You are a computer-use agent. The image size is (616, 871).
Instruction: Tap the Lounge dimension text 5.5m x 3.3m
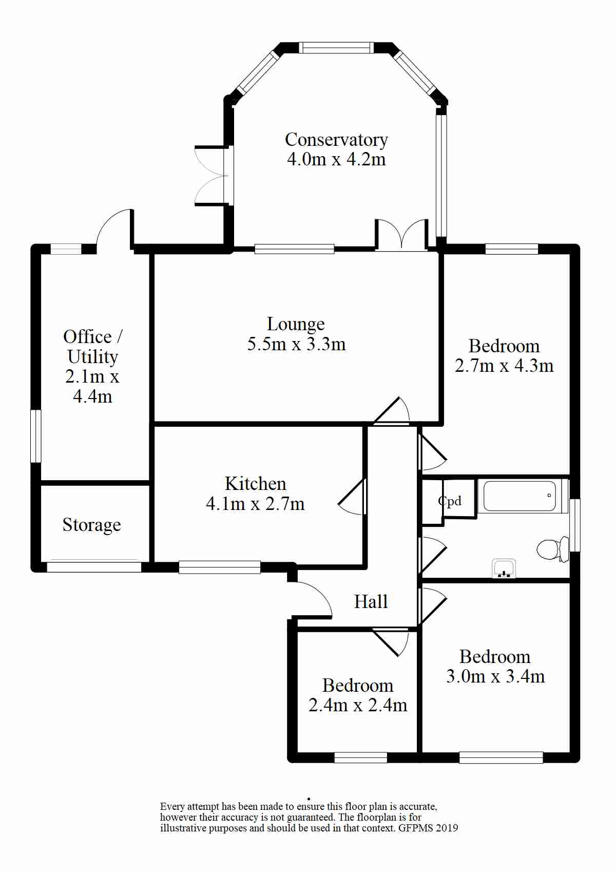(297, 344)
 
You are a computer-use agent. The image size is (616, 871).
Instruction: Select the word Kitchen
(255, 484)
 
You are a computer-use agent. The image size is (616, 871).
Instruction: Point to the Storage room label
(92, 525)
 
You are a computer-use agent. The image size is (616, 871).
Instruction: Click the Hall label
(371, 601)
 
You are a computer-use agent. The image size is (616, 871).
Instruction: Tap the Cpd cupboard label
(450, 502)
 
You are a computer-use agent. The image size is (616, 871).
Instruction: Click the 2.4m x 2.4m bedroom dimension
(358, 705)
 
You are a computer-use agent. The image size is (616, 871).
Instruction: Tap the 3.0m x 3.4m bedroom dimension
(495, 676)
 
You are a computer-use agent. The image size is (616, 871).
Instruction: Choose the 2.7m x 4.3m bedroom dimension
(504, 366)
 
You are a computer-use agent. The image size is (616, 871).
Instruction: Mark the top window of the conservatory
(336, 48)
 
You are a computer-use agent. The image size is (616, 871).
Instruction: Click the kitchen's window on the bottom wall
(220, 567)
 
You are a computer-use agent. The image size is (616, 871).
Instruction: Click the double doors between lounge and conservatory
(402, 235)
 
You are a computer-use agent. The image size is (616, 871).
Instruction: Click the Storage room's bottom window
(94, 566)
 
